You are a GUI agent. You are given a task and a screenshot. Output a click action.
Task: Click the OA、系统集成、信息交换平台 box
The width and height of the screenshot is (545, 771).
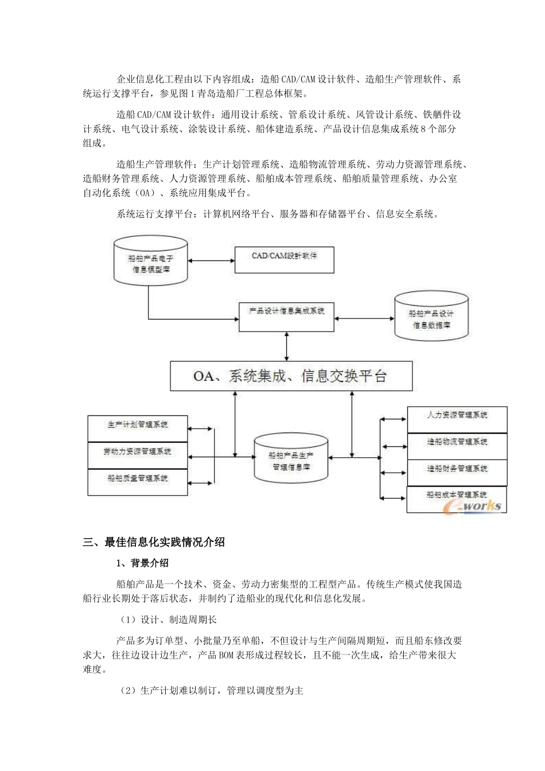point(291,376)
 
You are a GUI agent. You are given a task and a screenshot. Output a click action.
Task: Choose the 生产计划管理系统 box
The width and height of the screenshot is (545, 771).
point(138,428)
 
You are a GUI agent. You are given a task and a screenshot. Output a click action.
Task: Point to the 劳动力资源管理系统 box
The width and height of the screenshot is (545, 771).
point(138,455)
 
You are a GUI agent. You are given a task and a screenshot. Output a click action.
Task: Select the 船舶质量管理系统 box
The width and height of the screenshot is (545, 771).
point(138,482)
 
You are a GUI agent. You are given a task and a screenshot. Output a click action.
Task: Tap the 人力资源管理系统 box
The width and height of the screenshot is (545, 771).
point(457,419)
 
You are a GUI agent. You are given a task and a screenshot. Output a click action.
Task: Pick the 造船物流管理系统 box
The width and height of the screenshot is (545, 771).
point(457,446)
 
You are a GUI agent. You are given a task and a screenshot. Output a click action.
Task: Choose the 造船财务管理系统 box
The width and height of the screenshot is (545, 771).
point(457,472)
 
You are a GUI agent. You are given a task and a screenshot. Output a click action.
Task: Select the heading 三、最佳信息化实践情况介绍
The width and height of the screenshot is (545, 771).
point(154,542)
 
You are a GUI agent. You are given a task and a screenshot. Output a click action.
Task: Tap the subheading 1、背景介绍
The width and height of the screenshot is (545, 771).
point(142,563)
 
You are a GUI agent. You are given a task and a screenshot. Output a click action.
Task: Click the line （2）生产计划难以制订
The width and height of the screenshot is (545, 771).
point(210,691)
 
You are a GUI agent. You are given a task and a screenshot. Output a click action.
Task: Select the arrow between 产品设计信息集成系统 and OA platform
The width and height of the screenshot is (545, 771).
point(286,346)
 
